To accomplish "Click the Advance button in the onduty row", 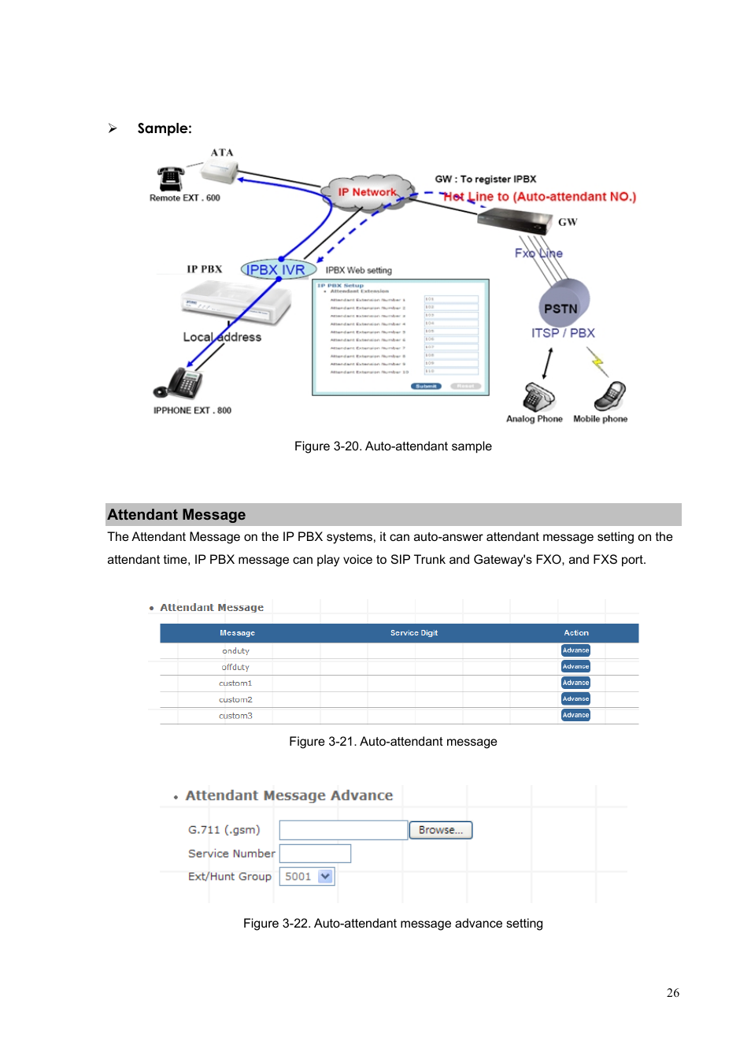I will pos(575,650).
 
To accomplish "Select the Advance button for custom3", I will pos(575,715).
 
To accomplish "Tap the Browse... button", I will pos(441,830).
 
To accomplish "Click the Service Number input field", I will pos(315,854).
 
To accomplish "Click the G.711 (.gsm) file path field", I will pos(343,830).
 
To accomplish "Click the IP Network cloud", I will pos(367,192).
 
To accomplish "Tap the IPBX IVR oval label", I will pos(277,269).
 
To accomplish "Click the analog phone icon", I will pos(538,396).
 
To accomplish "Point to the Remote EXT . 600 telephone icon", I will pos(170,179).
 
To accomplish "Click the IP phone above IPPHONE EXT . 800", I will pos(181,383).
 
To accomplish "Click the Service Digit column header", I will pos(414,633).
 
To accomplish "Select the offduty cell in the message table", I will pos(235,667).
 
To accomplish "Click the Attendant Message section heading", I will pos(177,514).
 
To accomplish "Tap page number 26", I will pos(672,993).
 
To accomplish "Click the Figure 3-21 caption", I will pos(393,742).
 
